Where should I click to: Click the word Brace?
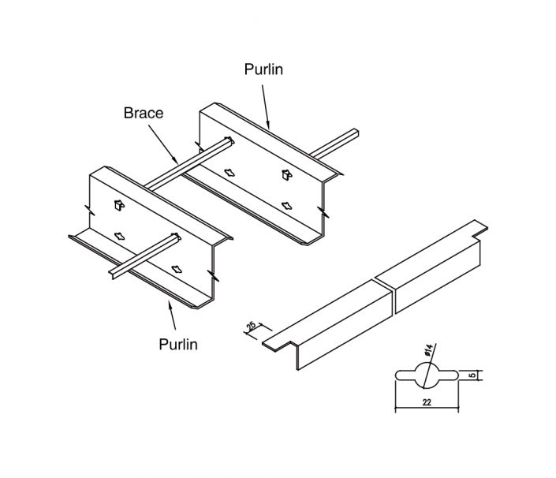pos(144,113)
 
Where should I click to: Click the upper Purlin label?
pos(264,69)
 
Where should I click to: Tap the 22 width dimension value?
pos(426,402)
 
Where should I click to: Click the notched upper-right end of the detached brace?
pos(478,228)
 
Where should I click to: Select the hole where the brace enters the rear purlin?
pos(229,143)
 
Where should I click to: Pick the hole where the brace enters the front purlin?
pos(171,237)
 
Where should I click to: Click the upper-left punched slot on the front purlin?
pos(117,206)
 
